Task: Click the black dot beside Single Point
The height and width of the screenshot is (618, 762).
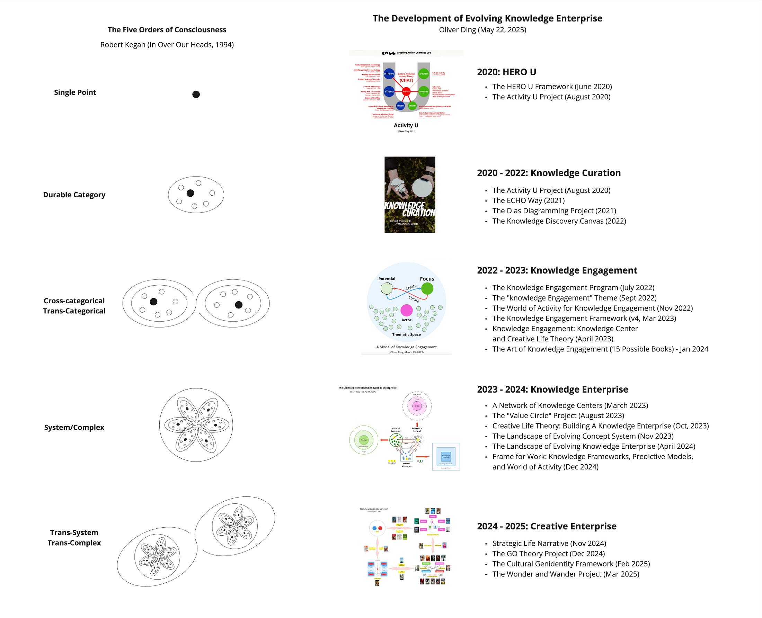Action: coord(196,94)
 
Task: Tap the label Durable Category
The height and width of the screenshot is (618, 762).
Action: coord(74,195)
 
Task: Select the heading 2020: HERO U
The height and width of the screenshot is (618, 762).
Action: coord(506,72)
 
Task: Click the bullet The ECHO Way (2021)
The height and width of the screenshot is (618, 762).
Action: coord(528,200)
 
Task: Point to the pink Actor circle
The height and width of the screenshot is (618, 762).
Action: coord(406,311)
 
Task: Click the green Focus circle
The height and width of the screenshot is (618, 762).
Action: coord(427,288)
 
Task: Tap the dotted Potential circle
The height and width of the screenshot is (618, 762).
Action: coord(387,288)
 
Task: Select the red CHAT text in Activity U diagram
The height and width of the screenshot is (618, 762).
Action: coord(406,80)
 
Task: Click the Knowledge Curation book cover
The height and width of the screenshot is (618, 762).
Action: coord(409,195)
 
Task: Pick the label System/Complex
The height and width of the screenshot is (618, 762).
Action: coord(74,427)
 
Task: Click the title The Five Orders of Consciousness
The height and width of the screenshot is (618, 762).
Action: coord(167,29)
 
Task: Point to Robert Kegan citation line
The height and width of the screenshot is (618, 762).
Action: coord(167,45)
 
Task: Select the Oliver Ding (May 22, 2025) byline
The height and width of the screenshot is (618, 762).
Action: coord(482,29)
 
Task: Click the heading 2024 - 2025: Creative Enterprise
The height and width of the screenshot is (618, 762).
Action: coord(547,526)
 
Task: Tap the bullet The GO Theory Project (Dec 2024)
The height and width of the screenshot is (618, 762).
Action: coord(548,554)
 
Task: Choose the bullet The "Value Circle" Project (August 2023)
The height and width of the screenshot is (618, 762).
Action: coord(558,415)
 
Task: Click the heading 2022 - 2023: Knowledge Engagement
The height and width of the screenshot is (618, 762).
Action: coord(557,270)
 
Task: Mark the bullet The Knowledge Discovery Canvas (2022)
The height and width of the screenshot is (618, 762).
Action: coord(559,221)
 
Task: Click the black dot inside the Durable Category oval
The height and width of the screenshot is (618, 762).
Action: coord(190,193)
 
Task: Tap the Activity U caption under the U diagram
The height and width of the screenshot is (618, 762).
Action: coord(406,125)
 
